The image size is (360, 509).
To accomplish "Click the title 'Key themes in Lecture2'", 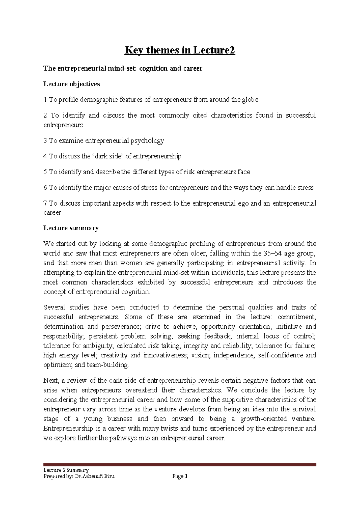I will (180, 50).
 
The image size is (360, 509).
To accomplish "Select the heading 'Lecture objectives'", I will (71, 84).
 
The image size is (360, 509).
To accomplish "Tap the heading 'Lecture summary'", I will (71, 228).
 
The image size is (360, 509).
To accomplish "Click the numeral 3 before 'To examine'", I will (45, 141).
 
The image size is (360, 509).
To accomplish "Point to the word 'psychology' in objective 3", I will (149, 141).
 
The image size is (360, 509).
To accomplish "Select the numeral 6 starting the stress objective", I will (45, 188).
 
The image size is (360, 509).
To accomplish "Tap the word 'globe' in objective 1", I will (250, 100).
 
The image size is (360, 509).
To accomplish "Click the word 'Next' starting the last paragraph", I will (50, 381).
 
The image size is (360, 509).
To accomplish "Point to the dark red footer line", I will (180, 465).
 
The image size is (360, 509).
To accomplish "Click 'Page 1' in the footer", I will (180, 476).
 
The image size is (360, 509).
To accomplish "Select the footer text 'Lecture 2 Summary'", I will (66, 470).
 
